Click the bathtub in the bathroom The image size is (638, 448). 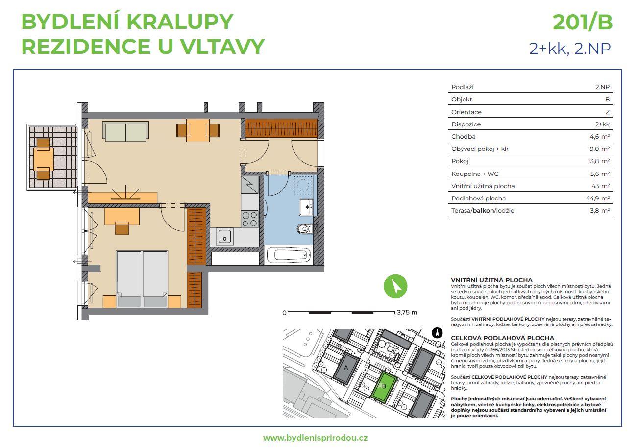[x=289, y=255]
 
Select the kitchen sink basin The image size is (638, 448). [x=225, y=237]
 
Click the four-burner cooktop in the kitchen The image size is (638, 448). [x=250, y=219]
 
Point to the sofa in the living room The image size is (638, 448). [x=125, y=132]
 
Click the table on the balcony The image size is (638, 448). [x=43, y=159]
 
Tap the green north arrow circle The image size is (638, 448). [x=395, y=286]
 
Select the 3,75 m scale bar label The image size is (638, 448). [x=407, y=312]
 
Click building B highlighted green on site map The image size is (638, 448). [x=384, y=387]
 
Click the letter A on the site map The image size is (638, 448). [x=346, y=367]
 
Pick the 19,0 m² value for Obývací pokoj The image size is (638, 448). [x=599, y=149]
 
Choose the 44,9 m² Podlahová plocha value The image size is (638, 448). [x=597, y=199]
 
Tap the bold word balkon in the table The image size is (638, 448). [x=483, y=211]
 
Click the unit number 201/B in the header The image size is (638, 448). [x=583, y=23]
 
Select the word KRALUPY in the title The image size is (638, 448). [x=180, y=22]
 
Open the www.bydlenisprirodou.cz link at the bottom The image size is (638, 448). [x=315, y=438]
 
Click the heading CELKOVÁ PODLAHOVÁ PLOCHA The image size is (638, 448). [x=502, y=338]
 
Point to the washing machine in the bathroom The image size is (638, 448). [x=303, y=185]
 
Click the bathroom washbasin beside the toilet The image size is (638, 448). [x=306, y=207]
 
